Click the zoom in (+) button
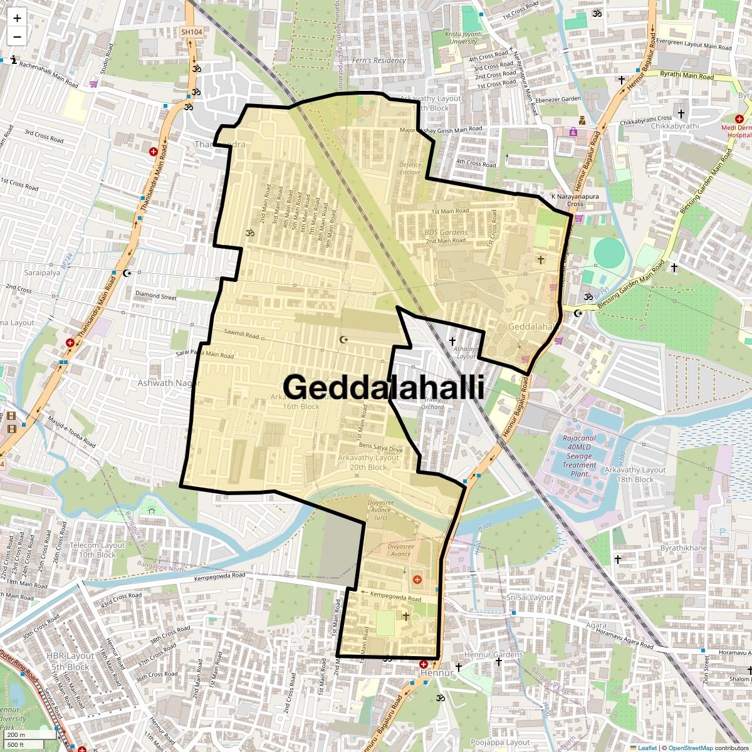coord(17,19)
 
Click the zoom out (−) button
coord(17,37)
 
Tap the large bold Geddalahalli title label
coord(384,387)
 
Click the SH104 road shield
coord(191,32)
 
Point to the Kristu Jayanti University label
coord(464,38)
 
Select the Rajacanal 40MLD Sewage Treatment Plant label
coord(579,456)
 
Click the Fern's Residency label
coord(379,61)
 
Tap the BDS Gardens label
coord(446,232)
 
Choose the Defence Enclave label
coord(410,169)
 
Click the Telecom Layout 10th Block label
coord(97,550)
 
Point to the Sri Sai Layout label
coord(530,597)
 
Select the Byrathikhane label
coord(683,548)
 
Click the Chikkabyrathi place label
coord(674,126)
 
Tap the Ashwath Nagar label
coord(169,383)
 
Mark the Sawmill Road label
coord(241,335)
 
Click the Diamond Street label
coord(156,295)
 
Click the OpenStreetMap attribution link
coord(690,748)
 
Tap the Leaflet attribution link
coord(647,748)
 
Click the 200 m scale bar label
coord(16,735)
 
